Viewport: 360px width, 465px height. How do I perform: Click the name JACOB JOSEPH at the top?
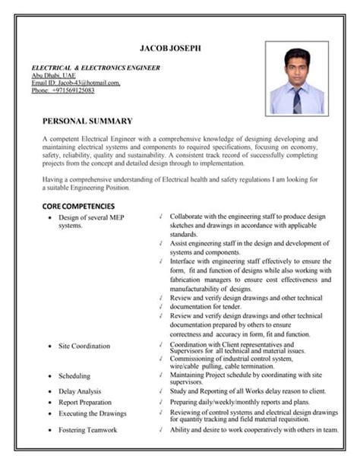pos(180,49)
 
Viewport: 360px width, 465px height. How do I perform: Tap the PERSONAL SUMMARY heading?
pos(87,121)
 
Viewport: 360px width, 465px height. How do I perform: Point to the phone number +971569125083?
pos(63,90)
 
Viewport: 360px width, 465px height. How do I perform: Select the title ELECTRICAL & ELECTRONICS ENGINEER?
pos(96,68)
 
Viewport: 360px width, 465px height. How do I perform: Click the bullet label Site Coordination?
pos(84,346)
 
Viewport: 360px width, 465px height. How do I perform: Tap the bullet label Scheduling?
pos(74,375)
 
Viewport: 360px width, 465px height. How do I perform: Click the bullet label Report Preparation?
pos(85,402)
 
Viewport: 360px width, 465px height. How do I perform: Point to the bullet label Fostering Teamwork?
pos(88,430)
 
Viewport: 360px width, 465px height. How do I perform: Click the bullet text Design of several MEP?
pos(90,217)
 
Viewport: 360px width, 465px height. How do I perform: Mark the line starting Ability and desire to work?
pos(254,429)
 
